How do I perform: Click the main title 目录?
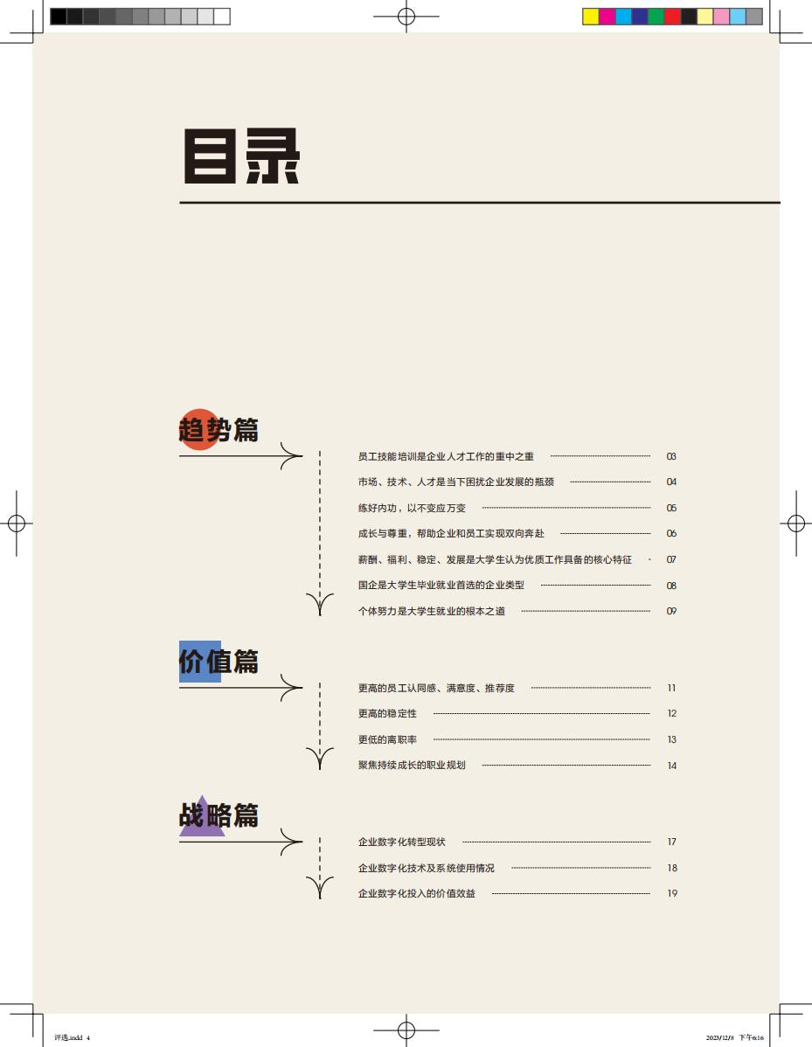click(241, 156)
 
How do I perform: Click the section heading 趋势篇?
click(219, 429)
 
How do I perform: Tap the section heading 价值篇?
click(219, 661)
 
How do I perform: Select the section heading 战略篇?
click(219, 815)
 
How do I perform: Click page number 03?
click(671, 457)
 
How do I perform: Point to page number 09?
click(671, 611)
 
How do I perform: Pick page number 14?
click(672, 766)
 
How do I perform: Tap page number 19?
click(672, 893)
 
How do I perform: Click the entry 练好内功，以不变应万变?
click(412, 508)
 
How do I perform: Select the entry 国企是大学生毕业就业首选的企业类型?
click(441, 585)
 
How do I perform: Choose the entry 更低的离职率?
click(387, 739)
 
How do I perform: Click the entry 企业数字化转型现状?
click(402, 842)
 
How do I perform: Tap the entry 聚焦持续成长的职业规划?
click(412, 766)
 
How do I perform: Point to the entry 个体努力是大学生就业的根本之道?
click(432, 611)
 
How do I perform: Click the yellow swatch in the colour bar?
click(590, 17)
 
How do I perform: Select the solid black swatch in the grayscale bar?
click(58, 17)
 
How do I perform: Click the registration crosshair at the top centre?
click(406, 16)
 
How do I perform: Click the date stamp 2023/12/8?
click(720, 1037)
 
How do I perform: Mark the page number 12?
click(672, 713)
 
